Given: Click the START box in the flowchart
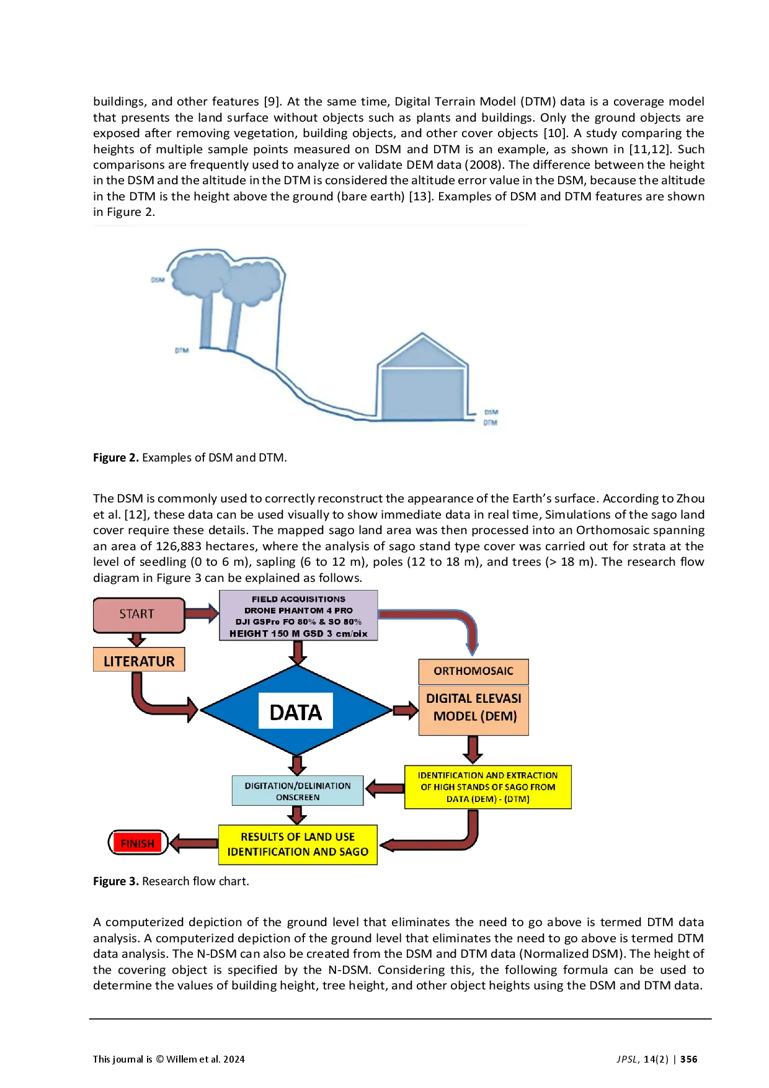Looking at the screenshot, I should coord(138,614).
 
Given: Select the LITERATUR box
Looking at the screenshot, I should coord(139,661).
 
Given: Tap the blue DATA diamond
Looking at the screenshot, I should coord(296,711).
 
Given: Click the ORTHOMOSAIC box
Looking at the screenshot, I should coord(473,671).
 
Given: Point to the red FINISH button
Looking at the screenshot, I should coord(138,843).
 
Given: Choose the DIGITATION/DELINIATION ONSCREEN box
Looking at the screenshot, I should coord(297,791).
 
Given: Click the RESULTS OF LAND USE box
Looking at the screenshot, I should coord(298,844).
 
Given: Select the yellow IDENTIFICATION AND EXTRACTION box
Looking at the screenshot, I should coord(487,787).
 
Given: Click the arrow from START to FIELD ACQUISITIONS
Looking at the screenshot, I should coord(202,613).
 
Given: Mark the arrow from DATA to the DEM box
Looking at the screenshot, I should coord(405,710).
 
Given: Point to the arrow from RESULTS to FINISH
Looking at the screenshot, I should coord(194,843).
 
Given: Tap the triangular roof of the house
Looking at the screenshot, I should coord(422,352).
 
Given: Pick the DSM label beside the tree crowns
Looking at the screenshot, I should coord(158,280).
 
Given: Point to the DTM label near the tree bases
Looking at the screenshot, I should coord(181,351).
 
